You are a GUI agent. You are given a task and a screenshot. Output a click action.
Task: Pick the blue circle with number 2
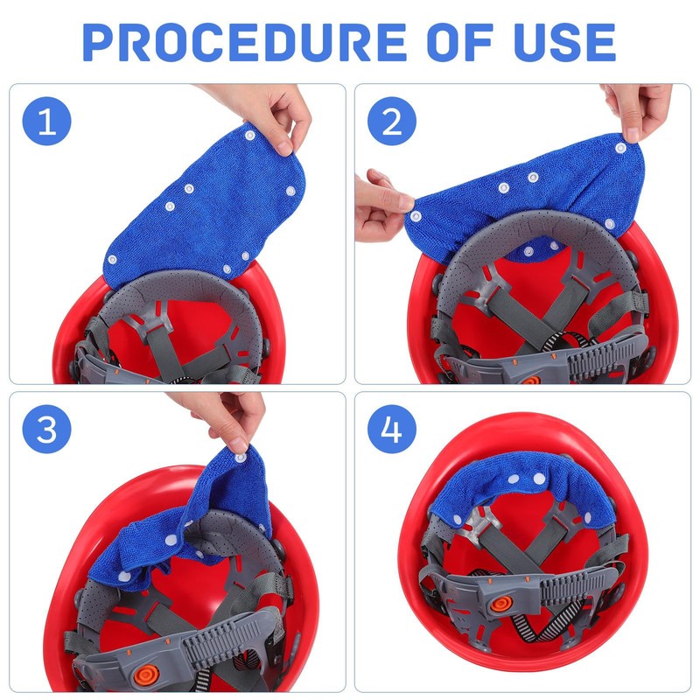385,122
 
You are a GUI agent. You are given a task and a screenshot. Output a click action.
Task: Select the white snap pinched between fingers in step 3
240,452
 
